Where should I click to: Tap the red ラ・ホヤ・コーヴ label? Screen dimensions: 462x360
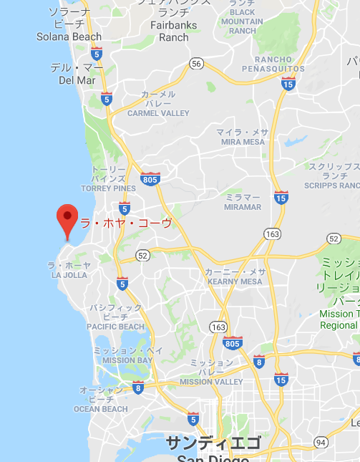[126, 223]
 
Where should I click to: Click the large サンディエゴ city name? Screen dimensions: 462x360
[213, 443]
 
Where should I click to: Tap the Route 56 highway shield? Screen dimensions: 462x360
[197, 64]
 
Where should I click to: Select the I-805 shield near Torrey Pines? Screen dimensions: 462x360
[150, 178]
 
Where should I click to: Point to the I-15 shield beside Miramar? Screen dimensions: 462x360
[281, 197]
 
